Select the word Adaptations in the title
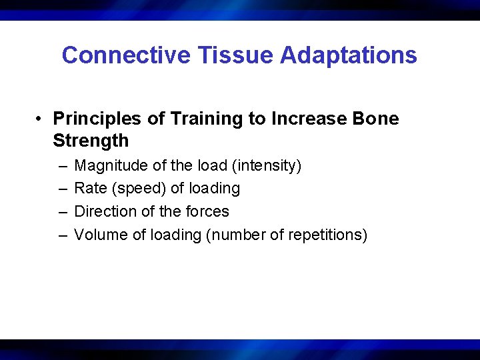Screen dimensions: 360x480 349,55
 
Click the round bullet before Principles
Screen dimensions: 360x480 41,119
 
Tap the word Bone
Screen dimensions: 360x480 377,119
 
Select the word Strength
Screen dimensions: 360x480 91,141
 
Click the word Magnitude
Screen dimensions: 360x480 108,165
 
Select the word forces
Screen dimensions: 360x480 207,212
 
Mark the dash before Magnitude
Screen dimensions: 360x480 62,165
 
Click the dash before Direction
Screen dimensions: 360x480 62,212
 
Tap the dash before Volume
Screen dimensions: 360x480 62,235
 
